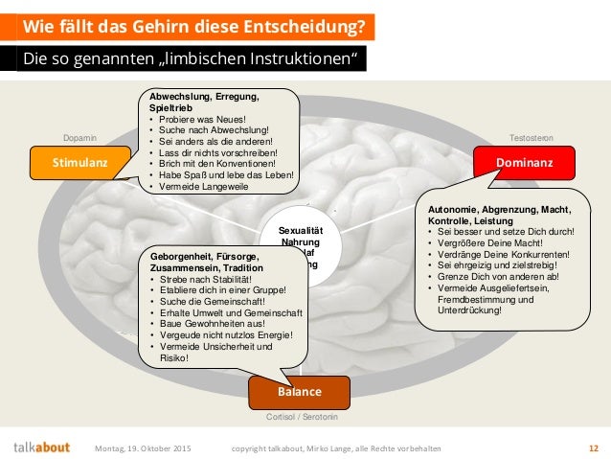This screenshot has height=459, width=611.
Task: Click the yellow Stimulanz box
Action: coord(81,163)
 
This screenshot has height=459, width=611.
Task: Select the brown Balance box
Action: coord(300,393)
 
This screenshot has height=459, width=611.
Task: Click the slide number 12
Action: coord(593,448)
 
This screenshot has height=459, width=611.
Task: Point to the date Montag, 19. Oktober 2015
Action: coord(143,448)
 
